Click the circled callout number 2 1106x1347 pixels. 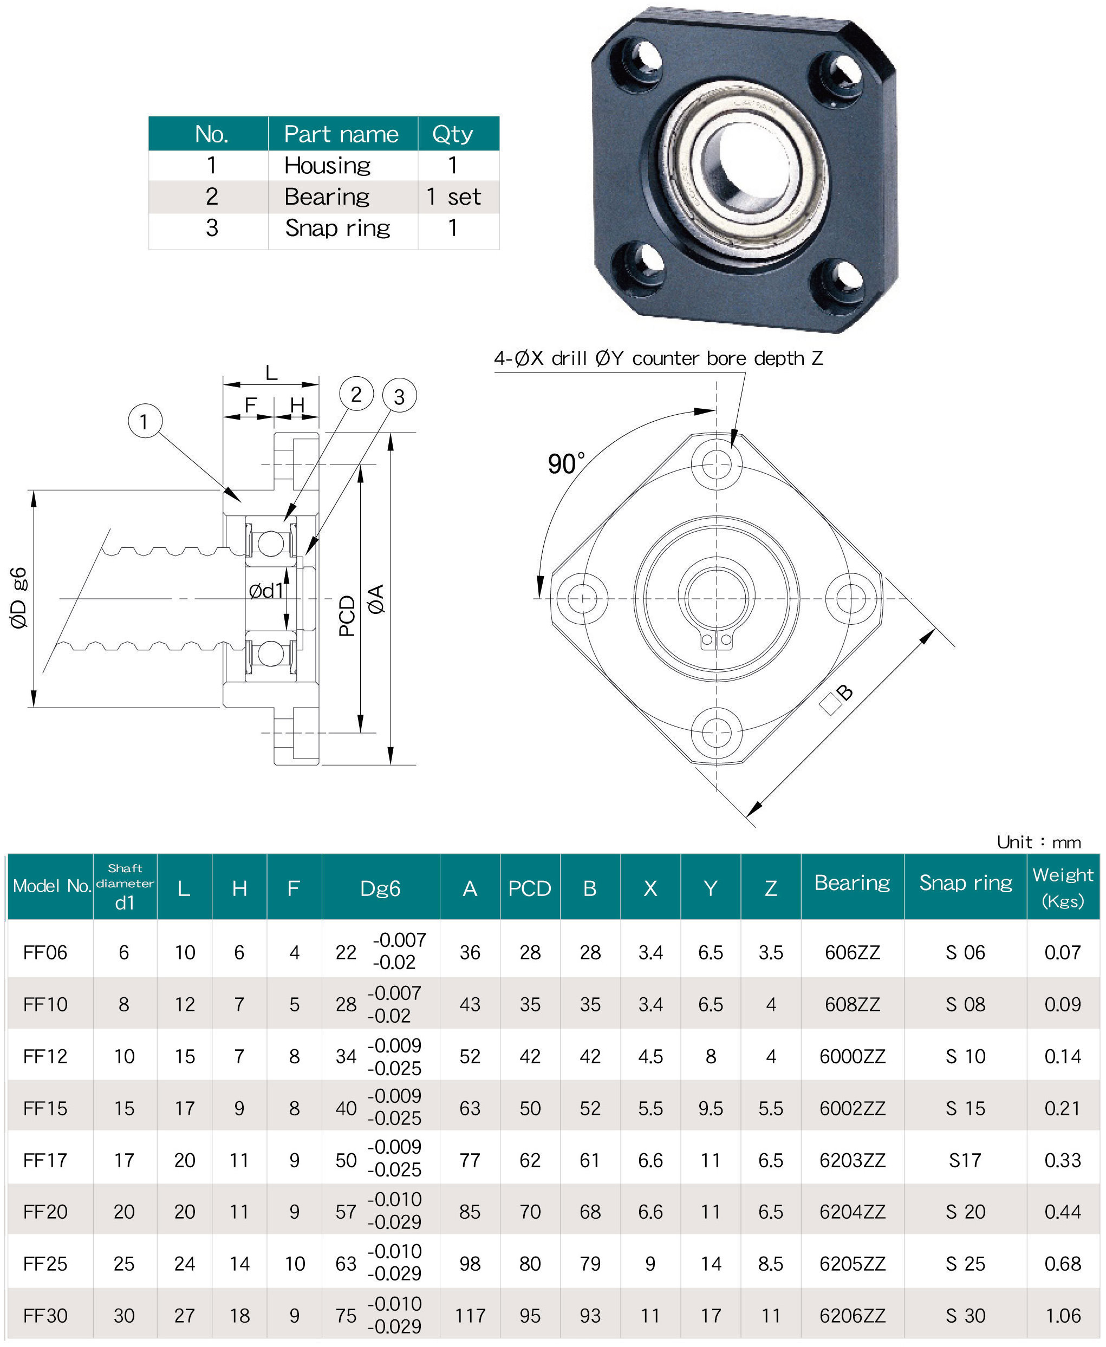point(356,394)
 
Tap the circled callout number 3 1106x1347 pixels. point(400,397)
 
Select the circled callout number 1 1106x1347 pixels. point(145,421)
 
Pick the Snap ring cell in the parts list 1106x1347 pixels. point(337,228)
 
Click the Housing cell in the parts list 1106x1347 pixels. point(328,166)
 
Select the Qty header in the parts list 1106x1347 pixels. point(452,134)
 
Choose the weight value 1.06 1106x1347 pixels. point(1063,1315)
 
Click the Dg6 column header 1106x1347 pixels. point(380,888)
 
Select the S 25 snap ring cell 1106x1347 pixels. point(965,1264)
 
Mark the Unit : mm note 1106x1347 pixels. point(1038,842)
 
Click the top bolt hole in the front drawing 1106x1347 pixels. point(716,465)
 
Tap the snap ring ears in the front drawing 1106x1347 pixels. point(716,639)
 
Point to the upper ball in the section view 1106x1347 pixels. point(271,543)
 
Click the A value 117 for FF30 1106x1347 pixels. point(470,1315)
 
